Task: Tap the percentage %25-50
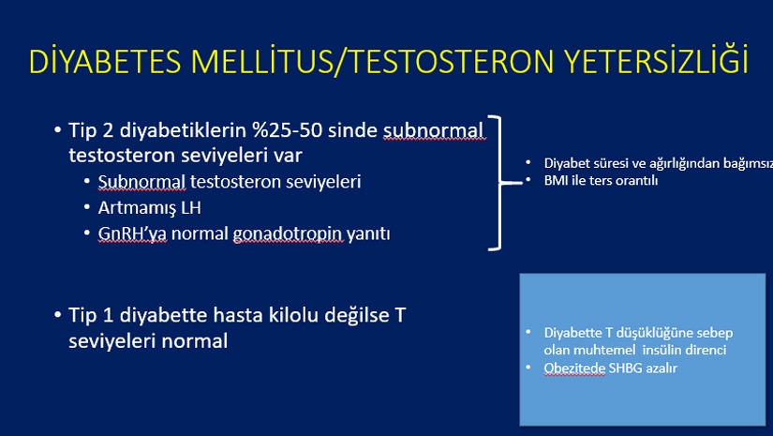pos(287,129)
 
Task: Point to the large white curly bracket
pos(501,183)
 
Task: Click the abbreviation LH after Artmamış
pos(191,207)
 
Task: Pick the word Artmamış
pos(137,208)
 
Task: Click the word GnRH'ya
pos(132,233)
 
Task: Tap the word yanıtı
pos(368,234)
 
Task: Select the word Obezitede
pos(574,368)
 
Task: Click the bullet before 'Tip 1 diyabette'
pos(58,315)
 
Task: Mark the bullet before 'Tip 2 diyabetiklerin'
pos(58,130)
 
